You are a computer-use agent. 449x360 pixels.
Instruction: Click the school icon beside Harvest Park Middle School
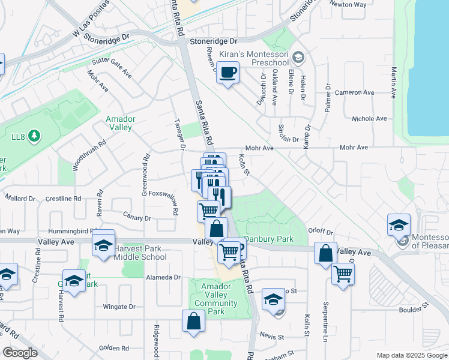[103, 245]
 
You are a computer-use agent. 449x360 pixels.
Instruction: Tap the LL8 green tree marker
[35, 136]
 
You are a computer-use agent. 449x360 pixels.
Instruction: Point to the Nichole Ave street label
[370, 119]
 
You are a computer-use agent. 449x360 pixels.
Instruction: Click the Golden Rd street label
[110, 347]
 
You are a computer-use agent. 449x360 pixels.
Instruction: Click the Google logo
[20, 353]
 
